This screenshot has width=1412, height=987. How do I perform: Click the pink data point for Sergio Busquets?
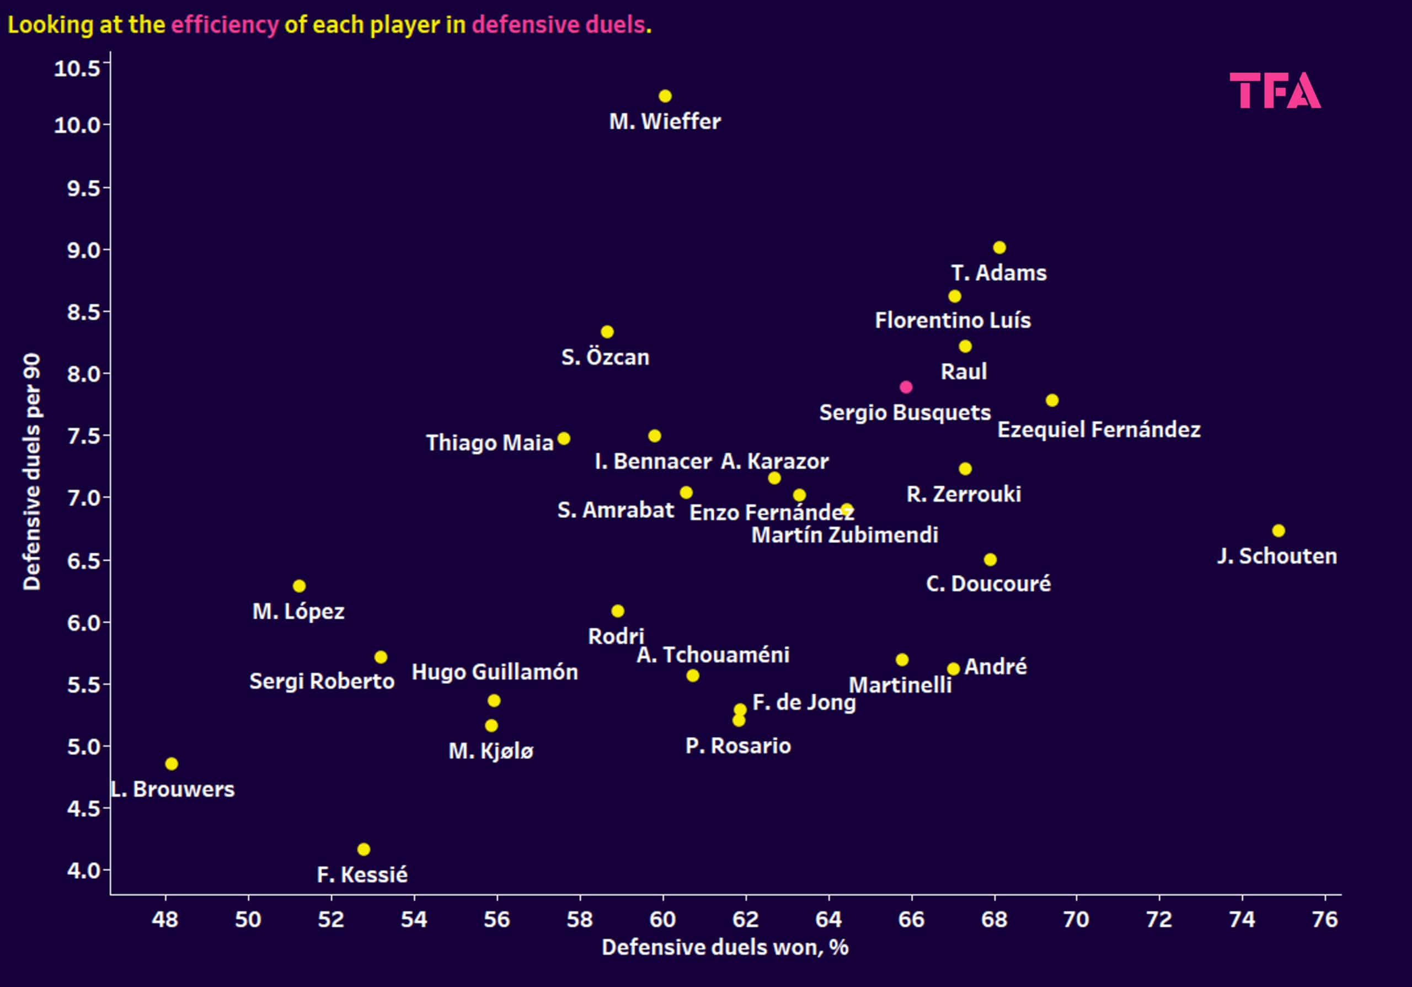[x=905, y=387]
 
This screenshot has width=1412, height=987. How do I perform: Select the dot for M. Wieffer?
[x=665, y=96]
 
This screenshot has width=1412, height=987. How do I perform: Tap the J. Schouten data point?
[x=1279, y=530]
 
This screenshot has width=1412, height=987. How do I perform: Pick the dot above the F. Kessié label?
[x=363, y=849]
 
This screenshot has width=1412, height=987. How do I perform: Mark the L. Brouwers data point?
[x=172, y=763]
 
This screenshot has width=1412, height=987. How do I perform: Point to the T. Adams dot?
[x=999, y=247]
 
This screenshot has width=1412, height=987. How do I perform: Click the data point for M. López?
[x=299, y=586]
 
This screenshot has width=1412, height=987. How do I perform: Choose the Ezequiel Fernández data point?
[x=1052, y=400]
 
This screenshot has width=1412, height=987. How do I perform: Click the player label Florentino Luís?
[x=953, y=320]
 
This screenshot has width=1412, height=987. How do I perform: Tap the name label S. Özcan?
[x=605, y=357]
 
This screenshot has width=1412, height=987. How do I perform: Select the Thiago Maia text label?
[x=490, y=442]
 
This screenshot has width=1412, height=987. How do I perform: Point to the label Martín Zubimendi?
[x=844, y=535]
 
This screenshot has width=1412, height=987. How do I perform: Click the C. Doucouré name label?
[x=988, y=583]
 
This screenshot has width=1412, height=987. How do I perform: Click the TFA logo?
[x=1275, y=91]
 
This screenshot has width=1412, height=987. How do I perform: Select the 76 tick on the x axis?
[x=1325, y=919]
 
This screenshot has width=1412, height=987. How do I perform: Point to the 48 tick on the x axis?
[x=165, y=919]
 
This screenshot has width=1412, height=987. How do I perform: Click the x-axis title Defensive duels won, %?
[x=725, y=947]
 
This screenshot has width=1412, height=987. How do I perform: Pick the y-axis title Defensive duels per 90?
[x=32, y=471]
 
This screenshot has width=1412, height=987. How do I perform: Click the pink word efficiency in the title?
[x=224, y=25]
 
